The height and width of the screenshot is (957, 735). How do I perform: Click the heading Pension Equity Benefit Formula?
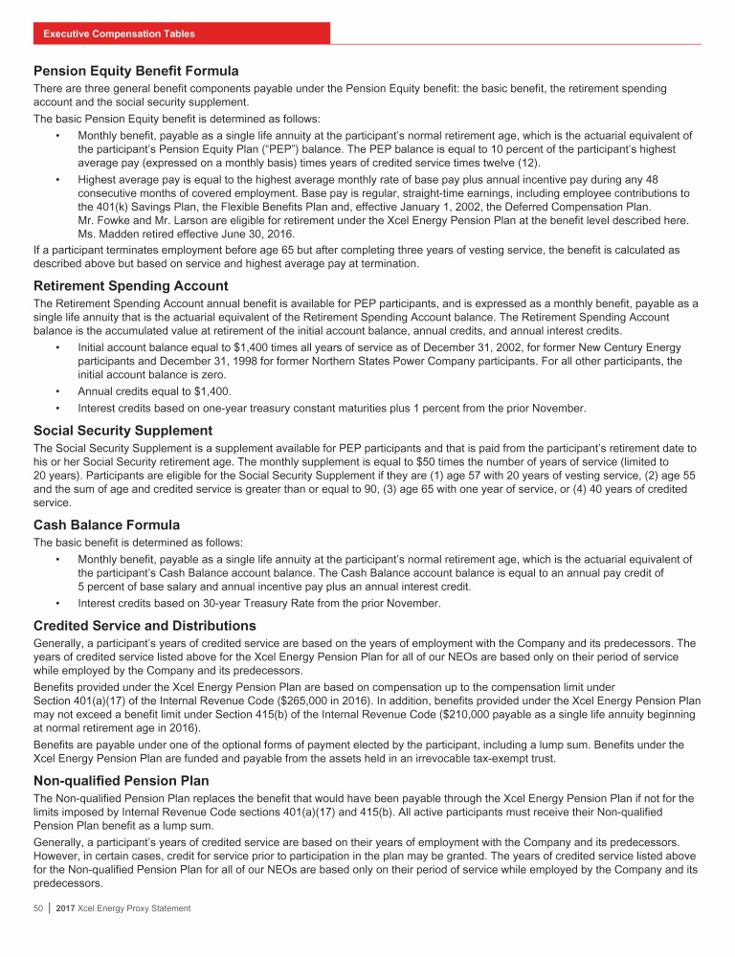click(x=136, y=71)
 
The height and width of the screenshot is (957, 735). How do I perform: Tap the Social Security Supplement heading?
click(x=122, y=431)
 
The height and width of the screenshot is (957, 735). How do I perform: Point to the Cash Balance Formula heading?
click(x=107, y=524)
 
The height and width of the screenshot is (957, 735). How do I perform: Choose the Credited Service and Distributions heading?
click(x=145, y=626)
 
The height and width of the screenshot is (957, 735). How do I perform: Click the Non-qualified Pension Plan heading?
click(x=121, y=780)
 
